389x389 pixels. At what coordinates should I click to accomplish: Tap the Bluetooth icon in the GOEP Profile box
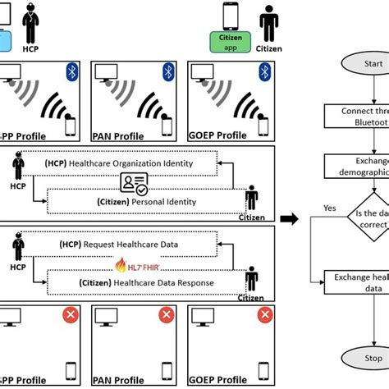(x=264, y=72)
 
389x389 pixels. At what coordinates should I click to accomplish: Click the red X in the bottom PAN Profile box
(x=167, y=315)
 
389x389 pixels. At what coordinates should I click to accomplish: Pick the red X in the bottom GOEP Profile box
(x=263, y=315)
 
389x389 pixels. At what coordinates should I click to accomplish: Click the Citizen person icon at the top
(x=268, y=24)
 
